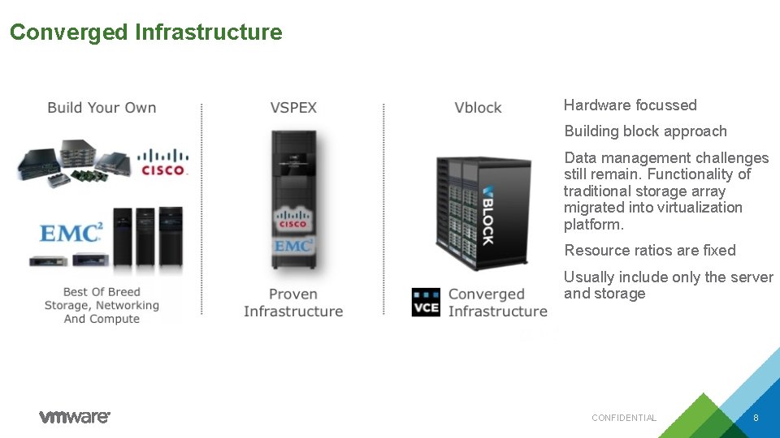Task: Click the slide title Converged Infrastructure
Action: (146, 32)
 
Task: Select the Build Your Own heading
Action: (102, 107)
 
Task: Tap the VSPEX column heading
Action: (293, 107)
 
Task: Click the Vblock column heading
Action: (478, 107)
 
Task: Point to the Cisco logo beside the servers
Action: (163, 162)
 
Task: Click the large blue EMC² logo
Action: (71, 233)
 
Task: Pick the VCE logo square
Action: (426, 302)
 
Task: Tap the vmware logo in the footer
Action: (75, 417)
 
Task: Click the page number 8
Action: (756, 418)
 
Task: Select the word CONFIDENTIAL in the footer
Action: (623, 418)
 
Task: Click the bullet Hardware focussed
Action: (630, 105)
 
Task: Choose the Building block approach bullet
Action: (645, 131)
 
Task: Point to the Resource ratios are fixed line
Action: (649, 250)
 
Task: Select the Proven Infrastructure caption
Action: (293, 303)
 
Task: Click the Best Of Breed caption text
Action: (102, 305)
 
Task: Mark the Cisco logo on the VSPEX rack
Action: (292, 221)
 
